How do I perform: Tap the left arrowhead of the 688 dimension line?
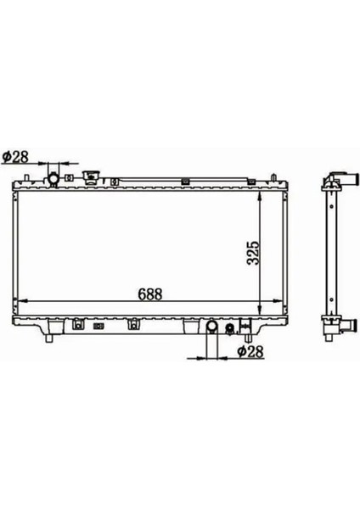[22, 302]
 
